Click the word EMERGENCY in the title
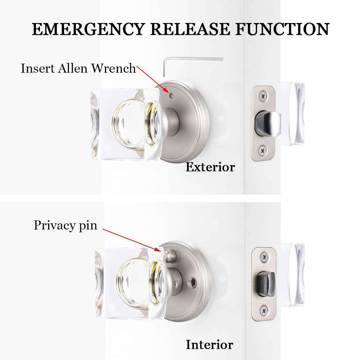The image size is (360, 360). coord(88,29)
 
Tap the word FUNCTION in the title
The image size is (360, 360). coord(282,29)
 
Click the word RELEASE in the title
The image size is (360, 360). coord(190,29)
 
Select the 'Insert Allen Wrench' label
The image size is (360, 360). coord(78,68)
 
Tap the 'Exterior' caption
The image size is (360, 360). coord(210,167)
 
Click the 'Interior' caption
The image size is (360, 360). coord(209,345)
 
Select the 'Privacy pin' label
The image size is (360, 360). coord(65,225)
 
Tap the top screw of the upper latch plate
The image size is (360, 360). coord(263,95)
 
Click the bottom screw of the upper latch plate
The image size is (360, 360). coord(263,150)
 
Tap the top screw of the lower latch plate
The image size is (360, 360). coord(264,257)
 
